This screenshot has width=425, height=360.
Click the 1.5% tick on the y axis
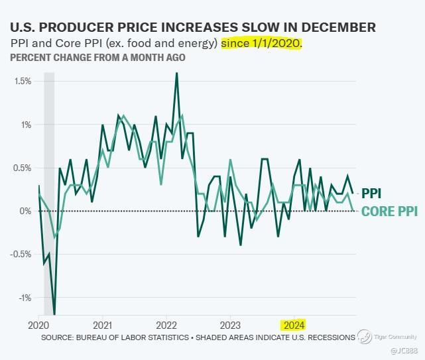(23, 81)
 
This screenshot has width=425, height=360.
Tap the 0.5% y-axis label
(23, 168)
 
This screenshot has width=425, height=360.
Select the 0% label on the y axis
(27, 211)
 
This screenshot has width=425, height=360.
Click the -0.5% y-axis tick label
(22, 254)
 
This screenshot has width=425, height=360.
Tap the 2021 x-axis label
(102, 326)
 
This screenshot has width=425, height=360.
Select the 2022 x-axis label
(166, 326)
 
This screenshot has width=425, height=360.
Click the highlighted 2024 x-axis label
(293, 326)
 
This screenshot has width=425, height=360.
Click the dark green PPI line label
(371, 194)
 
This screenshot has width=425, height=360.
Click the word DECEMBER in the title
(337, 27)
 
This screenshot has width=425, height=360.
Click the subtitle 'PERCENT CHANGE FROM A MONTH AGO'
(97, 57)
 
